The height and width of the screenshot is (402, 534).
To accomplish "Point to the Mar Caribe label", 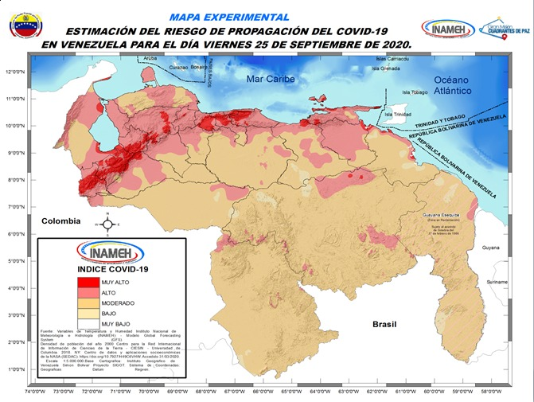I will point(270,79).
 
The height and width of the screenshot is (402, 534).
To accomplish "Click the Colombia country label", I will point(62,221).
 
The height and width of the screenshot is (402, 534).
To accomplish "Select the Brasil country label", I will point(390,325).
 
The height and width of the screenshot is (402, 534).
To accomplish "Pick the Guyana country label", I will point(491,248).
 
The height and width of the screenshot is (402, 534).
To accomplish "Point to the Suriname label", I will point(497,283).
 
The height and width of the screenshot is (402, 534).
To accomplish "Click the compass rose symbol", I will point(110,224).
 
